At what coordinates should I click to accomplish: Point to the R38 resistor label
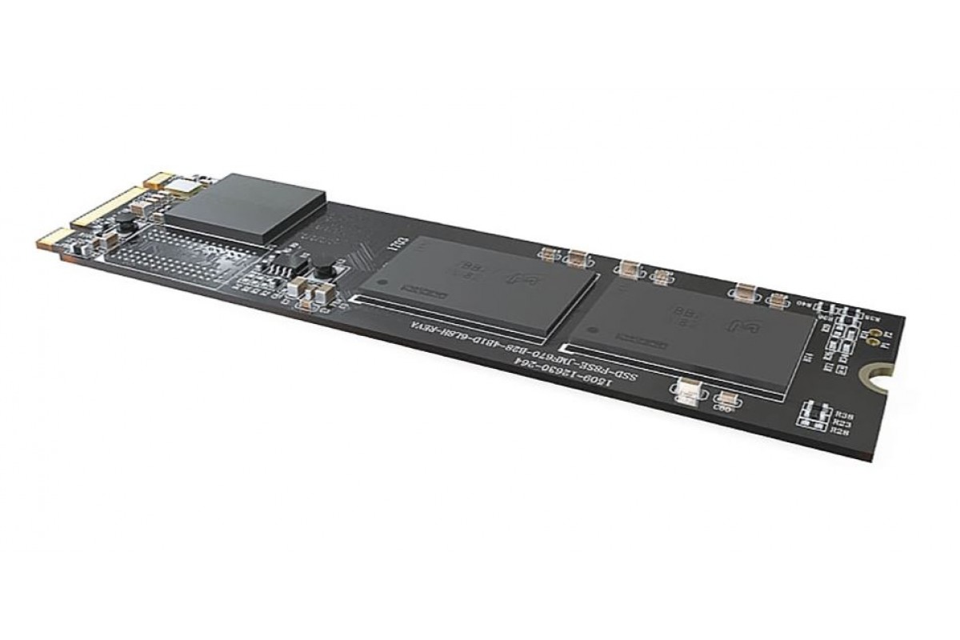pyautogui.click(x=840, y=415)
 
